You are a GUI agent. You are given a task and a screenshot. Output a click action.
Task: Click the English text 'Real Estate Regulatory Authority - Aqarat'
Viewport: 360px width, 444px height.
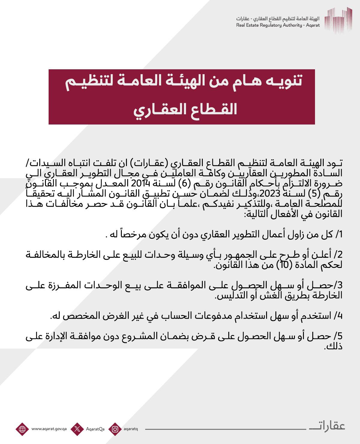[278, 25]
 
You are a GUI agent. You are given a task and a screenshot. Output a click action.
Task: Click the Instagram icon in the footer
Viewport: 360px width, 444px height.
[115, 429]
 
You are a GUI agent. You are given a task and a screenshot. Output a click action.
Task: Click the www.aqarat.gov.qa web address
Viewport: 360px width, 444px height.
[49, 429]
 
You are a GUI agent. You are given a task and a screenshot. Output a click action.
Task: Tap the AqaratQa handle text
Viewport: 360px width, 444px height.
[95, 429]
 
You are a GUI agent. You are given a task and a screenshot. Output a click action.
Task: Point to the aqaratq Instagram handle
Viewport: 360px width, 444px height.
[130, 429]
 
